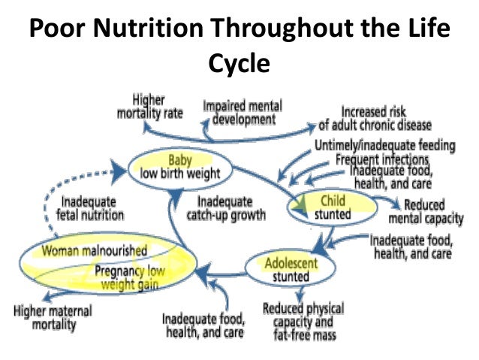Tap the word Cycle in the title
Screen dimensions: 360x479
click(239, 63)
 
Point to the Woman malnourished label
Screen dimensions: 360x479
click(94, 249)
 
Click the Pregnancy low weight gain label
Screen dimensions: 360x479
click(132, 276)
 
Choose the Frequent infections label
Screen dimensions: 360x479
click(382, 159)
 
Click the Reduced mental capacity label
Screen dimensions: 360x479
click(418, 211)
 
